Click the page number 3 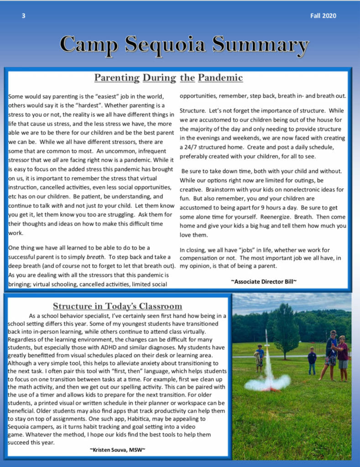click(x=23, y=16)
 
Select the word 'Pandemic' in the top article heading click(x=221, y=78)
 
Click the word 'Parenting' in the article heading click(x=117, y=78)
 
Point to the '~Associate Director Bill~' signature click(x=264, y=281)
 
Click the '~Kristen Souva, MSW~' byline click(x=118, y=450)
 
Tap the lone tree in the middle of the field click(x=286, y=329)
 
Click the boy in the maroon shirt click(x=342, y=353)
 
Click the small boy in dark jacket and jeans click(x=312, y=360)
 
